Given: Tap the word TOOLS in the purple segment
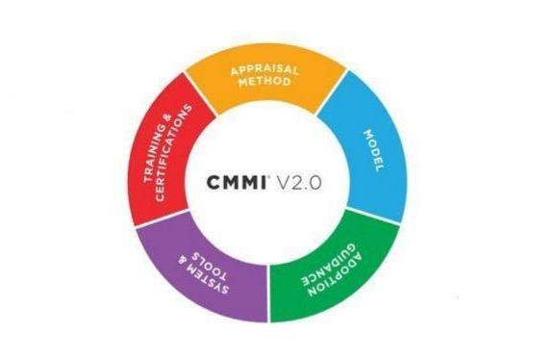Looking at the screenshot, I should pyautogui.click(x=204, y=252).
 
